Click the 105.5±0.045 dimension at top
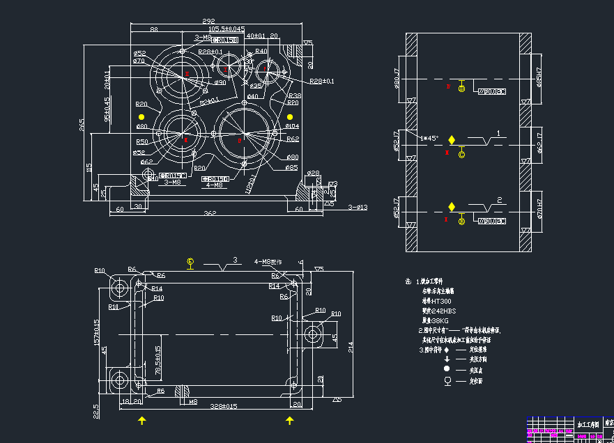(222, 29)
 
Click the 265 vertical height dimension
(82, 125)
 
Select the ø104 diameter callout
(292, 126)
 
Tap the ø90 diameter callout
(220, 83)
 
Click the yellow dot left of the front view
(142, 116)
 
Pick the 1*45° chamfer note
(429, 138)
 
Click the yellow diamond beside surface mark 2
(452, 206)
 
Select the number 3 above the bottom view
(235, 260)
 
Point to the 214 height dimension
(351, 346)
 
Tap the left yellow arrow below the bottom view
(142, 420)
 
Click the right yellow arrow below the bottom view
(289, 420)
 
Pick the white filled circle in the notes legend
(446, 368)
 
